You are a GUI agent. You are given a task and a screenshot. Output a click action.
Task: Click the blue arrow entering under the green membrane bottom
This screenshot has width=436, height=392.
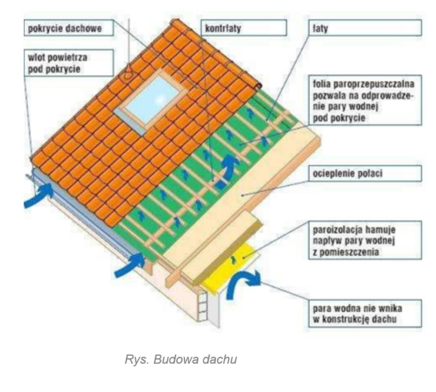(x=132, y=264)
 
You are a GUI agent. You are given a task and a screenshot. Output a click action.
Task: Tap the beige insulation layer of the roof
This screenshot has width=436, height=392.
(x=245, y=191)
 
